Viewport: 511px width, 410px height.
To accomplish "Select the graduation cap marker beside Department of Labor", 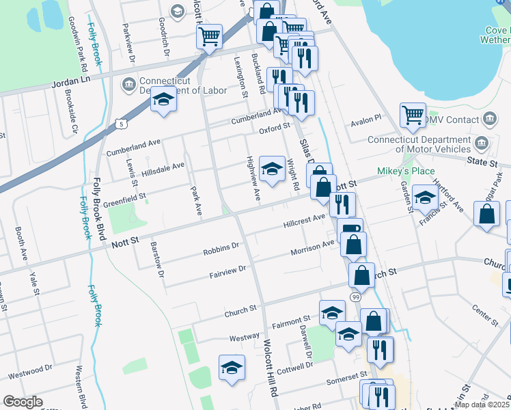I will (x=164, y=100).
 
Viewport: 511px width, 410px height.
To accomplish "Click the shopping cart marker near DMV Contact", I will (x=413, y=117).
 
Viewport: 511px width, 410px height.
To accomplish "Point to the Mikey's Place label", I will (x=406, y=170).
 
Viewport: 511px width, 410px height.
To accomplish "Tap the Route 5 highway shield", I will (x=121, y=124).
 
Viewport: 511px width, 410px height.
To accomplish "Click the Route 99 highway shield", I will (x=355, y=297).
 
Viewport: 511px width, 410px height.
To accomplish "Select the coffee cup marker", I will (x=350, y=229).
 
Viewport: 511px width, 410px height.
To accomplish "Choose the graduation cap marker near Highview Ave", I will (x=272, y=168).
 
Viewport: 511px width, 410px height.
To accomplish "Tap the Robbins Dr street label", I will (x=221, y=249).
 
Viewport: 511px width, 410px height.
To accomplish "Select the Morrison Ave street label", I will (x=312, y=245).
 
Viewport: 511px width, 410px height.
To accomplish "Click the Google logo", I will (x=23, y=402).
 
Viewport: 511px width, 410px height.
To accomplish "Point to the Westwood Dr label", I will (x=30, y=372).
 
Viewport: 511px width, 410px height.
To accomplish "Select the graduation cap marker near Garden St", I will (x=425, y=198).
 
